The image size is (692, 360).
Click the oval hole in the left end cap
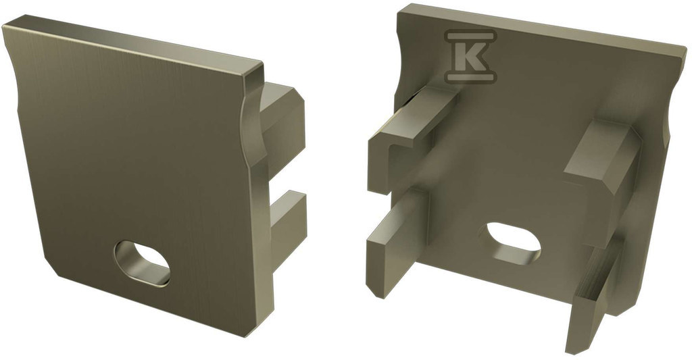point(142,263)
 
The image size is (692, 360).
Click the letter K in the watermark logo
point(470,57)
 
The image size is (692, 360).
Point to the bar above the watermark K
point(470,35)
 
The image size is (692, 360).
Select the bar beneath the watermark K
point(470,78)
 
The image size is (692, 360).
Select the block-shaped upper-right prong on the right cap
point(602,168)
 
